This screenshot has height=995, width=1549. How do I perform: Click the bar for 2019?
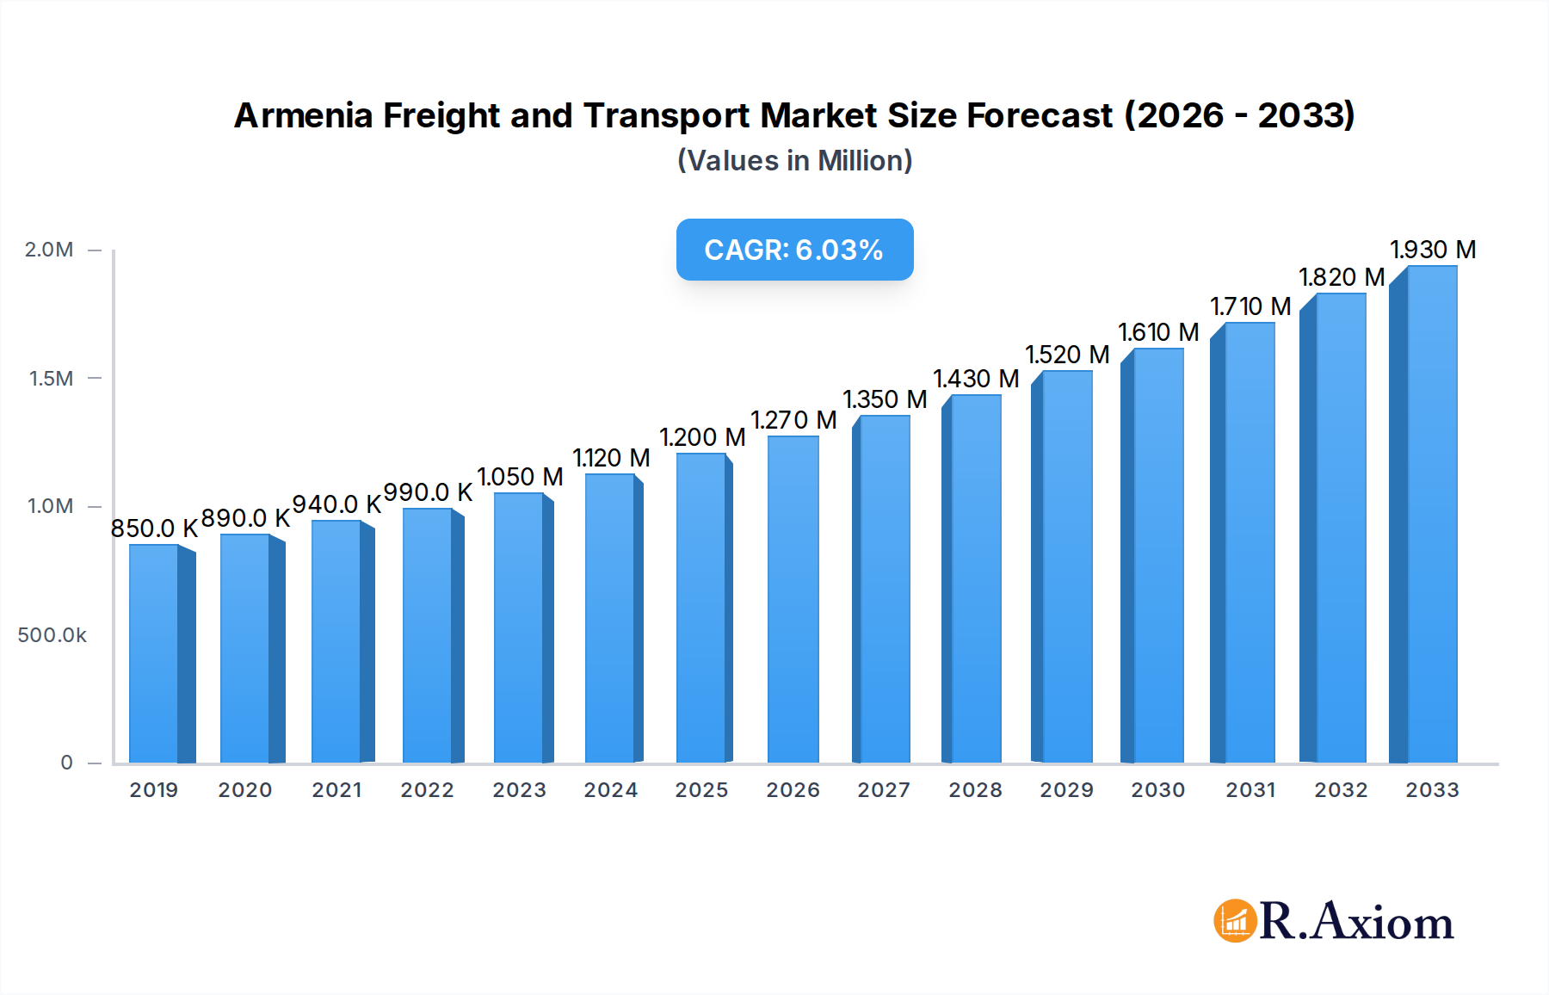pos(155,654)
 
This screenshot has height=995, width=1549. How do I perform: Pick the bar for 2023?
pos(519,628)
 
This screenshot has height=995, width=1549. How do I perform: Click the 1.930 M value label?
pos(1433,250)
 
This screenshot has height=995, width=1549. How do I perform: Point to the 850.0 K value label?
pos(154,528)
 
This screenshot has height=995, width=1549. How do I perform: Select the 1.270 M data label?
pos(793,420)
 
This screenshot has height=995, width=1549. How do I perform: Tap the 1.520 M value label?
pos(1067,355)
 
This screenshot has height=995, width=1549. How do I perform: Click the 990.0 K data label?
pos(428,492)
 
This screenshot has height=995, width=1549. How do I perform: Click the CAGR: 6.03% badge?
pos(794,250)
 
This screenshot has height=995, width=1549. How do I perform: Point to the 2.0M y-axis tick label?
pos(49,250)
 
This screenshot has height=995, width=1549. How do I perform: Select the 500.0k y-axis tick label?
pos(52,635)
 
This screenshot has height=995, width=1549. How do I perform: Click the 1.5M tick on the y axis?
pos(52,378)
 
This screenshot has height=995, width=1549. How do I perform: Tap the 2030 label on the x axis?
pos(1157,790)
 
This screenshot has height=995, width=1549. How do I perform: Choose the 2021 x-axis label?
pos(336,790)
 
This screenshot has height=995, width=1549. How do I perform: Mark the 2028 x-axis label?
pos(975,790)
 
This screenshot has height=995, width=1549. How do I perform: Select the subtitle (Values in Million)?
pos(794,161)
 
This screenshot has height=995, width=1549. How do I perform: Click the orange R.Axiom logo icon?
pos(1235,921)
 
